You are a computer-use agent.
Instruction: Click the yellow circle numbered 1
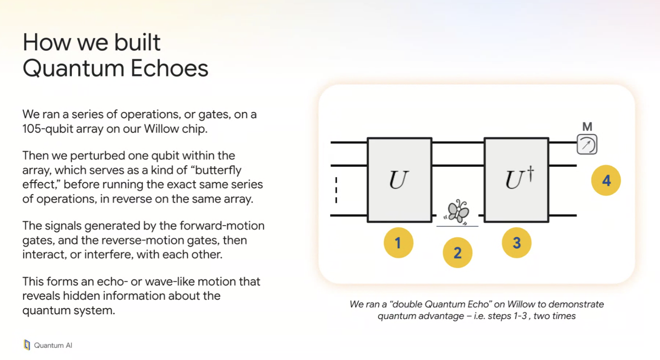(398, 243)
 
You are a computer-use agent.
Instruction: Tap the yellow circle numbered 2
(457, 253)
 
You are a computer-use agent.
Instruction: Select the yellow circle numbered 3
(517, 243)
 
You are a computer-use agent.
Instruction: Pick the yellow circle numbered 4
(606, 180)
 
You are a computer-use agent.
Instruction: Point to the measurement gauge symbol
(587, 144)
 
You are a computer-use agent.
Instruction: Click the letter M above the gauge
(587, 127)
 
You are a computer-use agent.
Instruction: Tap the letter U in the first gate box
(398, 180)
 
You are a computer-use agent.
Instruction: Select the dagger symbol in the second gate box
(530, 173)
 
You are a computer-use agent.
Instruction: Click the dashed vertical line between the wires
(336, 190)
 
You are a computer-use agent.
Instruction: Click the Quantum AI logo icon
(27, 345)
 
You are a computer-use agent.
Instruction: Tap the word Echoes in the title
(169, 68)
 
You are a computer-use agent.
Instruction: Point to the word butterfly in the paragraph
(218, 170)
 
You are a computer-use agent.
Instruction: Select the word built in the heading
(137, 42)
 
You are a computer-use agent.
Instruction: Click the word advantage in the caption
(441, 316)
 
